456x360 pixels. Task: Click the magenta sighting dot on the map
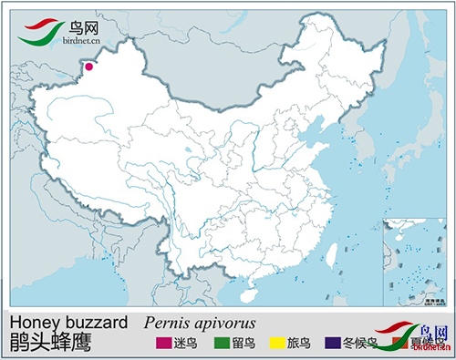pos(89,66)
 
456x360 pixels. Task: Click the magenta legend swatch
pos(163,344)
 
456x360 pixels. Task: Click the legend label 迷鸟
pos(188,344)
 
